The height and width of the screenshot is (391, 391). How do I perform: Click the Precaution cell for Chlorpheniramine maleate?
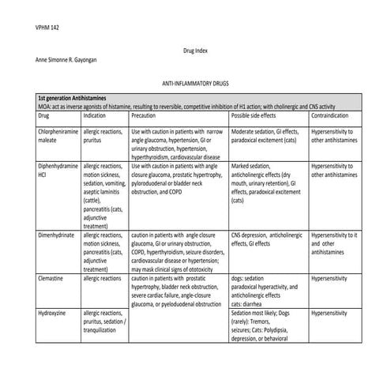(178, 145)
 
